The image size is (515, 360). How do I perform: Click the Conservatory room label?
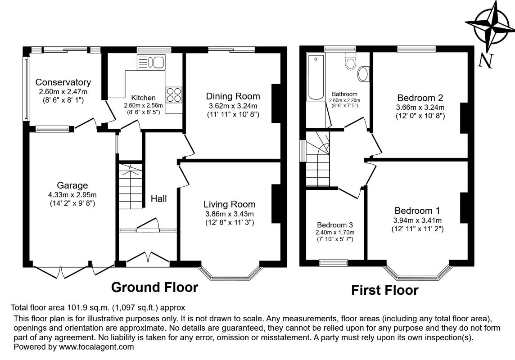pos(63,82)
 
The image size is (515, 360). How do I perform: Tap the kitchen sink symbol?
pos(151,62)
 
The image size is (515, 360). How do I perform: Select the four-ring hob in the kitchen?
pos(174,94)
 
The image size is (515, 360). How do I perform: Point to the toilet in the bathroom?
pos(351,60)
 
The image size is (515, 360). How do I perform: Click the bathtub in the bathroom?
pos(316,77)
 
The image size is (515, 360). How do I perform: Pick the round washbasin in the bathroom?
pos(363,74)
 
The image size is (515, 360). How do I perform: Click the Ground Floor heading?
pos(155,287)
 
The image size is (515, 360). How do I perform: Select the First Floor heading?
pos(384,290)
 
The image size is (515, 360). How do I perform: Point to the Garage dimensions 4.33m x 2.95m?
pos(72,195)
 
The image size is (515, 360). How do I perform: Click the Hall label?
pos(158,198)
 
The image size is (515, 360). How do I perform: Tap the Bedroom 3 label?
pos(335,225)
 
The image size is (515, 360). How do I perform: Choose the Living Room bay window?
pos(230,275)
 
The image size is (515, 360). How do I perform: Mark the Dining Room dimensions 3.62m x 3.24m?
pos(233,106)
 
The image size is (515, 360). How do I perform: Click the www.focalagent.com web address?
pos(96,347)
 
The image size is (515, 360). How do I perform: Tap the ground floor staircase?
pos(131,185)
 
